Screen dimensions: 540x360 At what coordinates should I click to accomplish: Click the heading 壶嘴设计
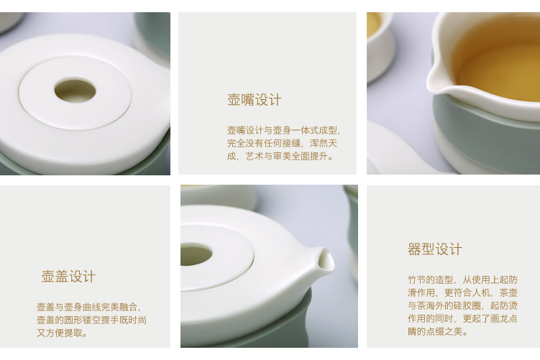(255, 100)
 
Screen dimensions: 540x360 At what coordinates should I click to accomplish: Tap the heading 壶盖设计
(68, 277)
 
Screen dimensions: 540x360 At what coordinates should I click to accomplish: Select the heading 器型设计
(434, 249)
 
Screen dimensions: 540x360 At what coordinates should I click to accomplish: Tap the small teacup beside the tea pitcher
(380, 45)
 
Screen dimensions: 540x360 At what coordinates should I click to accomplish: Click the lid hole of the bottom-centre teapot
(196, 254)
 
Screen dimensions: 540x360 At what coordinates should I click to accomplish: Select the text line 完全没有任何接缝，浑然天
(282, 143)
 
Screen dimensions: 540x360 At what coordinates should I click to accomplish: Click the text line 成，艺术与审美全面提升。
(280, 156)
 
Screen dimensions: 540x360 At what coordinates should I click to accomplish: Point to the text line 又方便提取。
(63, 333)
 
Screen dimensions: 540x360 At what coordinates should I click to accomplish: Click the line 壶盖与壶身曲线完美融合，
(89, 307)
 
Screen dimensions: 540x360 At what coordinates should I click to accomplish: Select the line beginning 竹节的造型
(462, 280)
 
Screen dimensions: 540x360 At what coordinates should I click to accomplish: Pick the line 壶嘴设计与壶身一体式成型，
(284, 130)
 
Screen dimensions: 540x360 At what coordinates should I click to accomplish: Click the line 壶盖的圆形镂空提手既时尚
(91, 320)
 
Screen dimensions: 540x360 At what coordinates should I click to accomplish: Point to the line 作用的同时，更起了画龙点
(462, 318)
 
